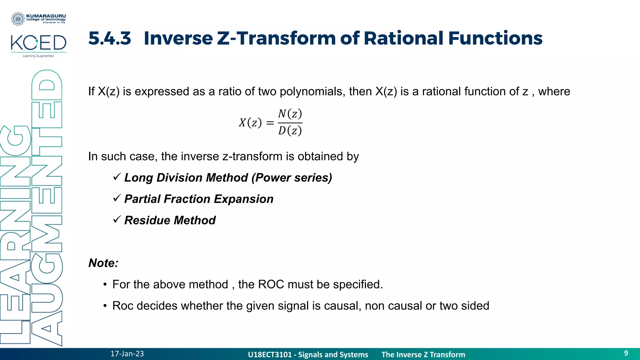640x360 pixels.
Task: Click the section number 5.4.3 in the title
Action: (x=110, y=38)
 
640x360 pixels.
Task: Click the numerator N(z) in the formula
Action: (x=290, y=114)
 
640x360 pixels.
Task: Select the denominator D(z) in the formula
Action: (x=290, y=131)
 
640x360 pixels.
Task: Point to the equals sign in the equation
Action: (x=270, y=123)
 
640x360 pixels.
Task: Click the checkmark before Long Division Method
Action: (x=117, y=177)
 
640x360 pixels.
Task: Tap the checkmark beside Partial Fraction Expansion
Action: (x=117, y=198)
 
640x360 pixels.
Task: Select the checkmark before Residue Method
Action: (x=117, y=220)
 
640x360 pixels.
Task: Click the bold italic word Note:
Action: (x=103, y=263)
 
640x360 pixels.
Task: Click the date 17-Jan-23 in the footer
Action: (x=127, y=354)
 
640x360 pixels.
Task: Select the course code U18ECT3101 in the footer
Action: (x=269, y=355)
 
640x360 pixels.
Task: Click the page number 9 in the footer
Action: (x=626, y=353)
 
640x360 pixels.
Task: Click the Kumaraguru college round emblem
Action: (x=18, y=19)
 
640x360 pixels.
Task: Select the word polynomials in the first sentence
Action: (x=312, y=92)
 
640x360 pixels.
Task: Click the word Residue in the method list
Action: (x=147, y=220)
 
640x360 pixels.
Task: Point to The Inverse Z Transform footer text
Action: (x=423, y=355)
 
